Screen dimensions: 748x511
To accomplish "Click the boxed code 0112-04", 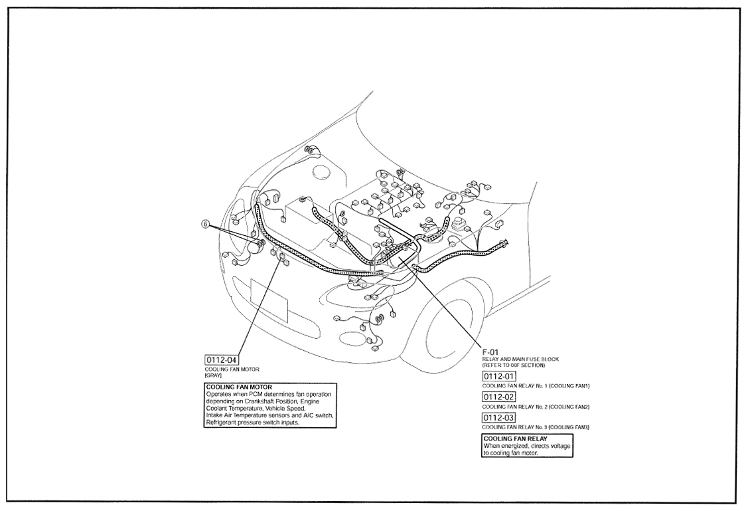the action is click(222, 360).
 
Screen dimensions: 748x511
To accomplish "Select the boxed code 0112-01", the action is click(499, 376).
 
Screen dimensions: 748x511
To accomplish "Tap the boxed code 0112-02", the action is click(499, 397).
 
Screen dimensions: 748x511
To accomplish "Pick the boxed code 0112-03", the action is click(499, 418).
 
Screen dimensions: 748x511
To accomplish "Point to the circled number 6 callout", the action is click(206, 223).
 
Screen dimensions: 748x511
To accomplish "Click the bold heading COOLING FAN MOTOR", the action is click(239, 387).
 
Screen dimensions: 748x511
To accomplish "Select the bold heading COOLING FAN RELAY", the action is click(515, 439).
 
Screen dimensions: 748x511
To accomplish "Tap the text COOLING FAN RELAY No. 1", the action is click(515, 386).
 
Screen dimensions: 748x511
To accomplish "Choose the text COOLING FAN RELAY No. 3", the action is click(515, 427).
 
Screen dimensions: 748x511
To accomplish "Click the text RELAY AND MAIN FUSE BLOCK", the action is click(520, 359).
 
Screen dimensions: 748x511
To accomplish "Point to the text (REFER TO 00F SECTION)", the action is click(513, 365).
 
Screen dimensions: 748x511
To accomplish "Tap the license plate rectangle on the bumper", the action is click(269, 300).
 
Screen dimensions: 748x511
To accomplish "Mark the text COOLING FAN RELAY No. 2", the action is click(515, 407).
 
